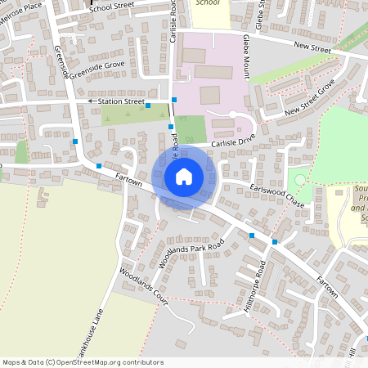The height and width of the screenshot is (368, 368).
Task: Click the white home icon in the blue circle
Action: coord(184,176)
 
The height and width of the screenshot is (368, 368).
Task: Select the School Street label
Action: coord(112,7)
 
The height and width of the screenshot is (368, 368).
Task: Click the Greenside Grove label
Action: coord(96,73)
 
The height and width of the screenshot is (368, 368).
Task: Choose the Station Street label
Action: coord(121,101)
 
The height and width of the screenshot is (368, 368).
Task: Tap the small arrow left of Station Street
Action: coord(92,101)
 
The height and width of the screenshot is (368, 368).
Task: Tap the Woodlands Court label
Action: coord(143,287)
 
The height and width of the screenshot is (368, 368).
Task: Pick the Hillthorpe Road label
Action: coord(252,284)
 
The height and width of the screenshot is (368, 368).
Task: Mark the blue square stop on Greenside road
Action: coord(75,141)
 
